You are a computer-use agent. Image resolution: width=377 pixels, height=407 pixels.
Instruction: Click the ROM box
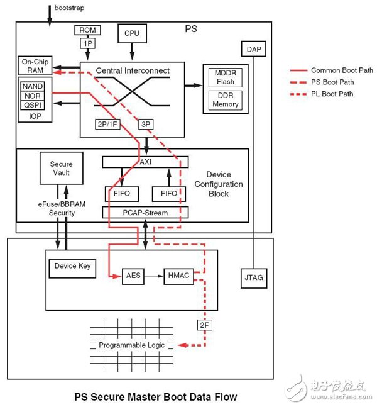[86, 30]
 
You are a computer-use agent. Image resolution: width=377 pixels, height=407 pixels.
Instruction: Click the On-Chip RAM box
[35, 66]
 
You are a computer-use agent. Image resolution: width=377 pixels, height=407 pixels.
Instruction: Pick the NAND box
[33, 86]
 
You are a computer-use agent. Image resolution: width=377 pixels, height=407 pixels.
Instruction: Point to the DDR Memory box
[225, 99]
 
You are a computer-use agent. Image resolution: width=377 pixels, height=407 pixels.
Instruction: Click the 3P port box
[146, 125]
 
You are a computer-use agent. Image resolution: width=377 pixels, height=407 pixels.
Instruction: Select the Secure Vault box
[61, 168]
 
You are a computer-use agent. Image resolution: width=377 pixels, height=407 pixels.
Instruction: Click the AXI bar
[146, 162]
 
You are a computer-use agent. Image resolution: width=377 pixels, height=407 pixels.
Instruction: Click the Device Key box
[73, 265]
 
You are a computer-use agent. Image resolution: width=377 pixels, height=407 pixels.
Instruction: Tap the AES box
[132, 274]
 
